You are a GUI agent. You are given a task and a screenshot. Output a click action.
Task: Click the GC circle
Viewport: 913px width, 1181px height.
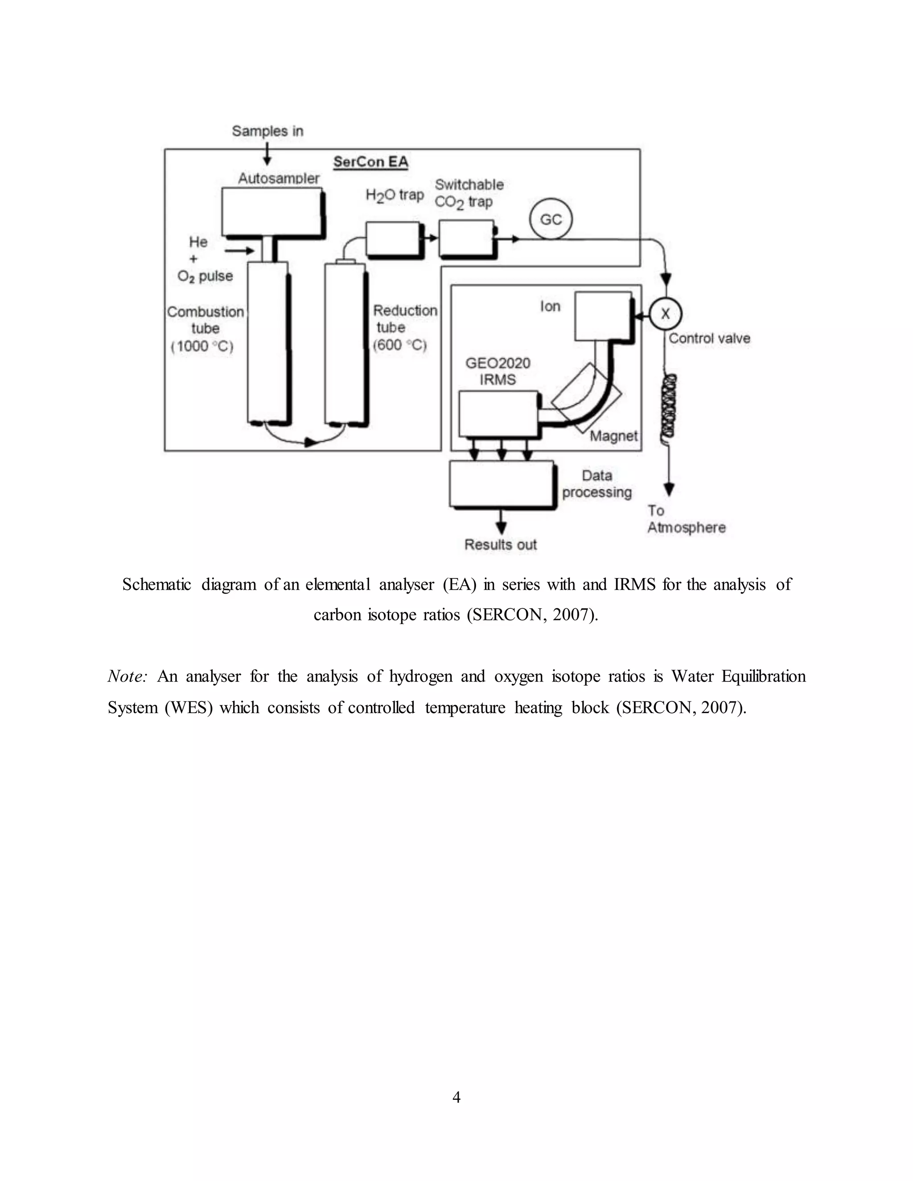pos(551,219)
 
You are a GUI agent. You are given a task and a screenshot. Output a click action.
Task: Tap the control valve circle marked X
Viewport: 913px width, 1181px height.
pos(665,314)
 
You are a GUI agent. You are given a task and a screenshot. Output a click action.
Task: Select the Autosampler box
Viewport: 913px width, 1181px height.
pos(272,211)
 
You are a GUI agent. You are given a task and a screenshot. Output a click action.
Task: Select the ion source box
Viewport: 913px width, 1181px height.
pos(602,316)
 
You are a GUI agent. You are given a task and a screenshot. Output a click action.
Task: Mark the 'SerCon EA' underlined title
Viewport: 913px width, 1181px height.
pos(370,162)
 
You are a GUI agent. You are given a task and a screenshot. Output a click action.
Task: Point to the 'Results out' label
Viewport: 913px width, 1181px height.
pos(500,545)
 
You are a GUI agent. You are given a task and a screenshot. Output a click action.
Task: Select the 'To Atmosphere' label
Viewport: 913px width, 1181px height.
pos(686,519)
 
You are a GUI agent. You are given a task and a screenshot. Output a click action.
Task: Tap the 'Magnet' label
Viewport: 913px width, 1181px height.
pos(613,436)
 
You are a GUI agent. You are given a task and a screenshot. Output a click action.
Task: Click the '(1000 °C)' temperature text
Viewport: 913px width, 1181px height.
pos(202,346)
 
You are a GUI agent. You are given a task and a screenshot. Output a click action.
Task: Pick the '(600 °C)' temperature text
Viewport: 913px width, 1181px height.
pos(400,345)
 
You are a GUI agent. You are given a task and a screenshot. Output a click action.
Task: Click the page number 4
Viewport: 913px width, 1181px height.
pos(456,1097)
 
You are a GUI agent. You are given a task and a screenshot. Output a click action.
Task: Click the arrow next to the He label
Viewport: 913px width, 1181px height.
pos(239,250)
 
